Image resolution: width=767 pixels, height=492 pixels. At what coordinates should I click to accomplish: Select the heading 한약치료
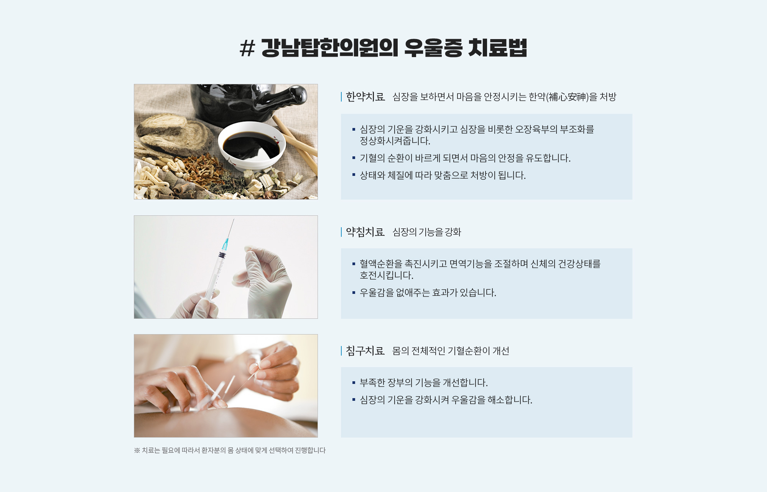[365, 97]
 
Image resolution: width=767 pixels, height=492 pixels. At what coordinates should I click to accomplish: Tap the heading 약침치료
[365, 232]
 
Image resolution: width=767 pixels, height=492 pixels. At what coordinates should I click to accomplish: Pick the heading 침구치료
[365, 351]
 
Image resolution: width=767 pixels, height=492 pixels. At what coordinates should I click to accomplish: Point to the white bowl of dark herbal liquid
[252, 146]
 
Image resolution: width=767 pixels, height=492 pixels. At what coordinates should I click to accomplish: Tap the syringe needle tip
[234, 219]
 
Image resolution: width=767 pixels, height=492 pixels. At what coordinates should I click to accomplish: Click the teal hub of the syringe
[225, 244]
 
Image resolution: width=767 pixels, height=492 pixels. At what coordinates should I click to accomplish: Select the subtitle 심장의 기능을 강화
[427, 232]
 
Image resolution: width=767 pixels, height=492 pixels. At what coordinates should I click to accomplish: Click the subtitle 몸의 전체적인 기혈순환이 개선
[451, 351]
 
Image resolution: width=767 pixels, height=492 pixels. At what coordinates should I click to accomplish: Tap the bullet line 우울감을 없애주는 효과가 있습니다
[428, 293]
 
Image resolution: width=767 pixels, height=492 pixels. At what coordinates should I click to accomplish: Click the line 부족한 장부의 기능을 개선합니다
[424, 383]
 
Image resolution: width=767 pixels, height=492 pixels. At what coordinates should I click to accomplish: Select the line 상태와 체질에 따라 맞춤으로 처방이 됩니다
[443, 175]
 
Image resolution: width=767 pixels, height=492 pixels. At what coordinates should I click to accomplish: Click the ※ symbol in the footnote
[137, 450]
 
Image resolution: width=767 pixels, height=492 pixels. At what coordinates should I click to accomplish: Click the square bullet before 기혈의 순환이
[354, 158]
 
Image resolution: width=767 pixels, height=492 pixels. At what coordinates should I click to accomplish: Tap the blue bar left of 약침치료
[341, 232]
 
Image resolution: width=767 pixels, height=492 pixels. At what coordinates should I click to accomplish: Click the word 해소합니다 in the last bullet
[510, 400]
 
